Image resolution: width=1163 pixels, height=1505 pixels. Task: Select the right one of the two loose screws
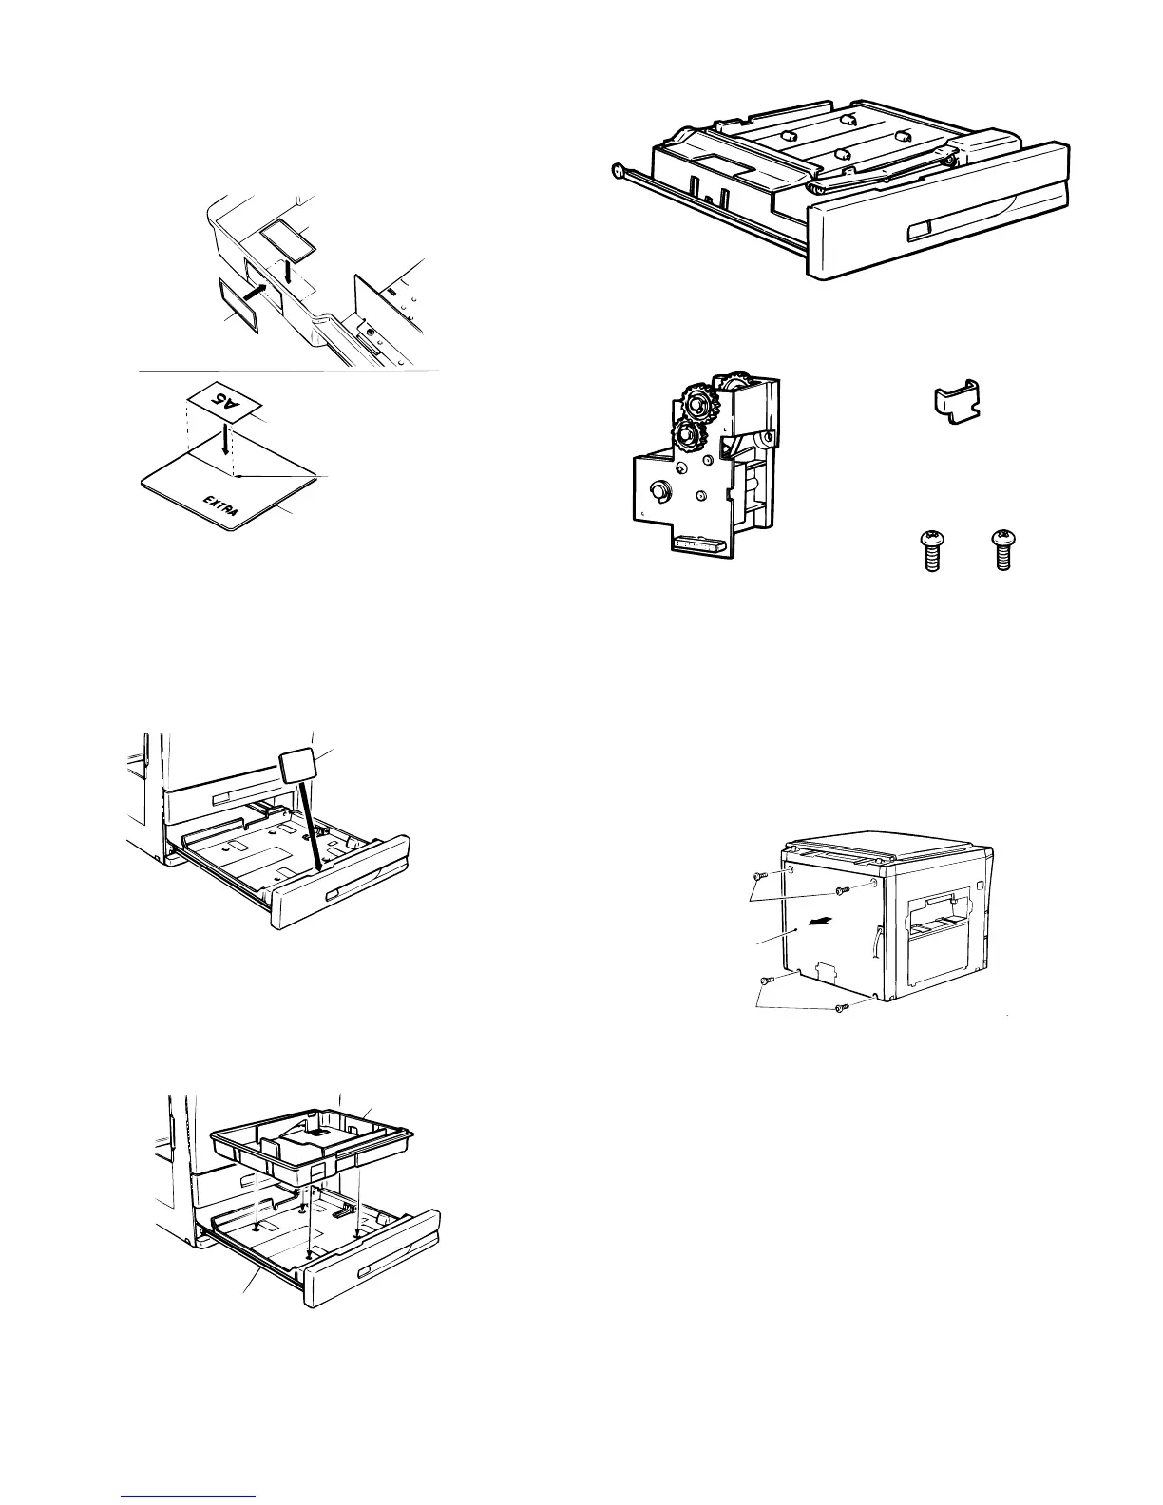pos(1002,552)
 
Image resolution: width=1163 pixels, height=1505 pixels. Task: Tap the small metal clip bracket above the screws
pos(954,397)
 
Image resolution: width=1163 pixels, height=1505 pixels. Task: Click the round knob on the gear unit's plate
pos(658,491)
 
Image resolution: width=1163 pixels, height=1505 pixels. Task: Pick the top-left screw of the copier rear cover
pos(758,874)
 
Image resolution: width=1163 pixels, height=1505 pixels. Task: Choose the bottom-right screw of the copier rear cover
pos(839,1009)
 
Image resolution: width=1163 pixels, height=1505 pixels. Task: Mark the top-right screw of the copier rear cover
pos(840,890)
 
